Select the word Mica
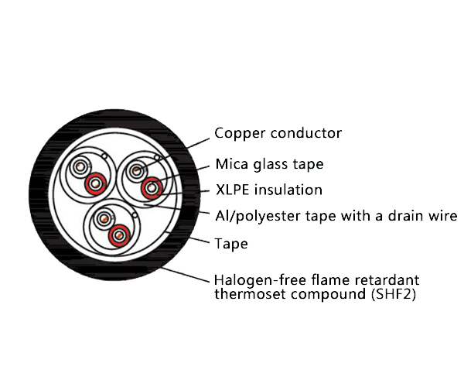click(231, 164)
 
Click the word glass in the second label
click(267, 165)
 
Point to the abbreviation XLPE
click(231, 190)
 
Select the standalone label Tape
click(230, 244)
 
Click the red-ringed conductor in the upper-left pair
click(96, 183)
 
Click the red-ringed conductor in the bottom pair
click(118, 235)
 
